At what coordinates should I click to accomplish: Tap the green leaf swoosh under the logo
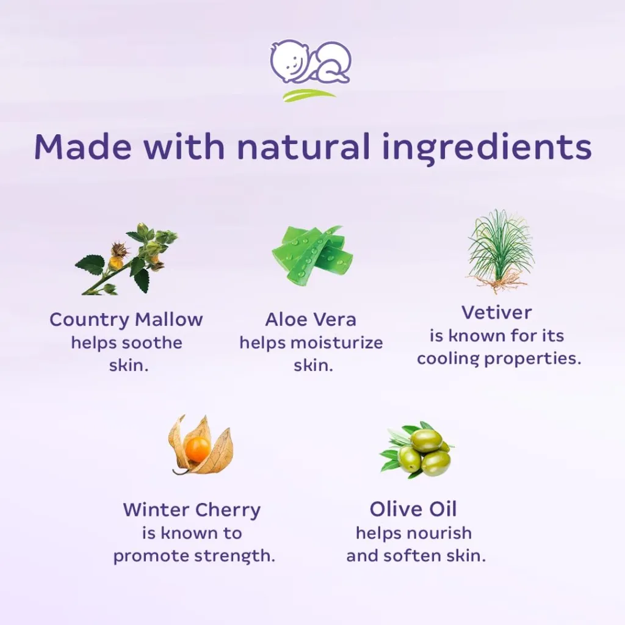309,95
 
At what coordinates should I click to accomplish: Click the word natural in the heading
303,146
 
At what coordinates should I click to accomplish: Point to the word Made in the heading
82,146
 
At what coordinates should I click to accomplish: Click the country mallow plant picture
126,259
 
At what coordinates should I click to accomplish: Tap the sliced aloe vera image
313,256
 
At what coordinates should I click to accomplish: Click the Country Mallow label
126,320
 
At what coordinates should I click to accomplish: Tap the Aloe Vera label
311,320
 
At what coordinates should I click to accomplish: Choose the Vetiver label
497,312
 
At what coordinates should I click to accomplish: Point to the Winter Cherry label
192,510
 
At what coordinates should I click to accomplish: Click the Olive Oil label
413,510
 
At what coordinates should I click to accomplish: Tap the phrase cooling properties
499,359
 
